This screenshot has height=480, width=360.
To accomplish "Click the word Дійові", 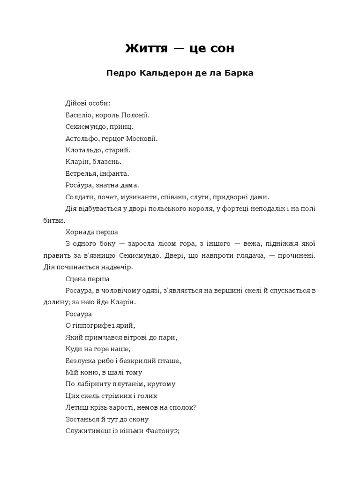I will [76, 103].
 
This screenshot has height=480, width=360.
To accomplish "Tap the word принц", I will [121, 127].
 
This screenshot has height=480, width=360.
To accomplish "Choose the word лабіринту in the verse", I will [95, 384].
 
